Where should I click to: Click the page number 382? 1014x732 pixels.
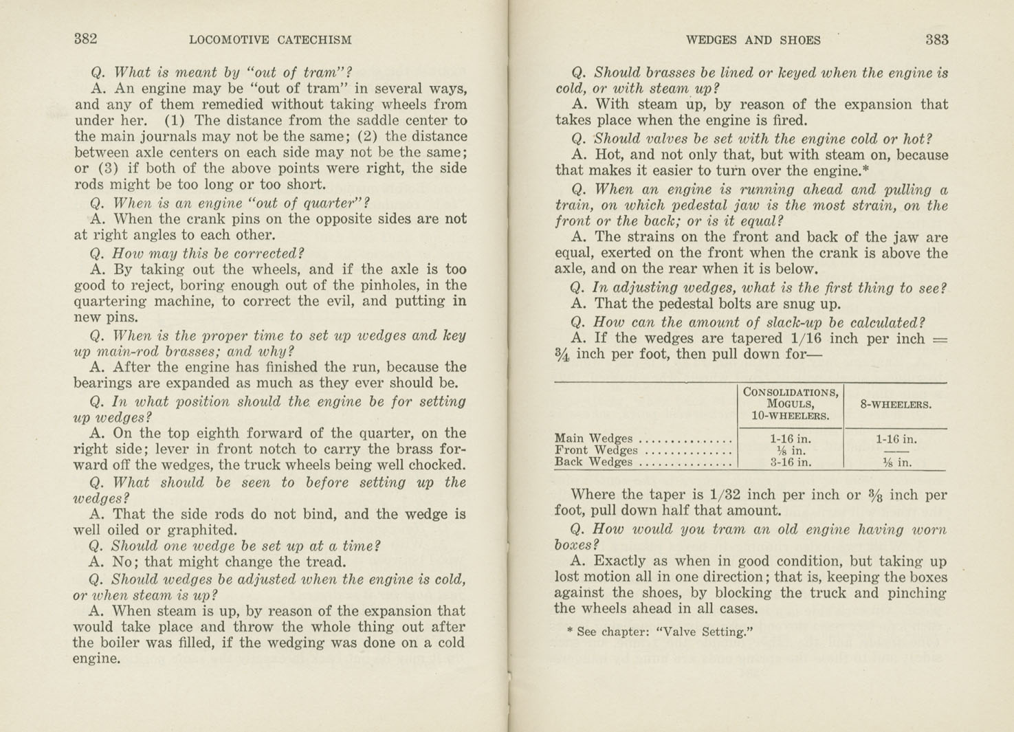[86, 39]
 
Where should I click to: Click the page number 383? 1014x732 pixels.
[936, 39]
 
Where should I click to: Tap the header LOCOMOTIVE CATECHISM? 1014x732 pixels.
[270, 40]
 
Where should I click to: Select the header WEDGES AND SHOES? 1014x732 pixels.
[753, 40]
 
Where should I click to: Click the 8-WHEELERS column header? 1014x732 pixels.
[896, 404]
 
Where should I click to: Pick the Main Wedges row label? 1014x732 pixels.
[593, 438]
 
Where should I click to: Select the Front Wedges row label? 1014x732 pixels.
[595, 450]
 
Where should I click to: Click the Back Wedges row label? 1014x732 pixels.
[593, 462]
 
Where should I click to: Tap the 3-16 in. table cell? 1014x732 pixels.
[791, 463]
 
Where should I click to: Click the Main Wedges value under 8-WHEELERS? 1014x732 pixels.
[896, 439]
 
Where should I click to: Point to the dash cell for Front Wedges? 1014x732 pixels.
[896, 451]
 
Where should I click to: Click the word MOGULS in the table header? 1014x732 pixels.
[791, 403]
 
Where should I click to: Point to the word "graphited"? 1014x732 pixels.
[203, 530]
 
